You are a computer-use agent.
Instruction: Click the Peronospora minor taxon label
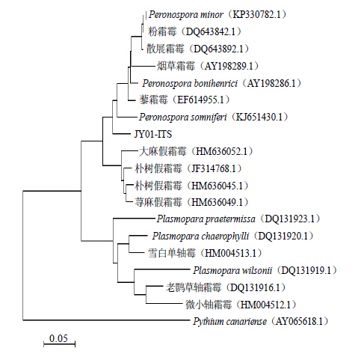tap(186, 15)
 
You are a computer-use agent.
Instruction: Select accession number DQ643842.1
tap(211, 31)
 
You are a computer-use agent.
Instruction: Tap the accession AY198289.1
tap(229, 66)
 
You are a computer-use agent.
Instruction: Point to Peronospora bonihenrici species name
tap(190, 83)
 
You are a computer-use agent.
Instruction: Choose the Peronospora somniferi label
tap(183, 117)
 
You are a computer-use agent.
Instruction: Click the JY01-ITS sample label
tap(153, 134)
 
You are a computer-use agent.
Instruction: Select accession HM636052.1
tap(221, 151)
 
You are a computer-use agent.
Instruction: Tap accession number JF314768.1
tap(214, 168)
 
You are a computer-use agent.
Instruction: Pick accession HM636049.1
tap(217, 202)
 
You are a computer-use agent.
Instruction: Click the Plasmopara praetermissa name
tap(206, 219)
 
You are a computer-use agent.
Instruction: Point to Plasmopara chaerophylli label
tap(200, 236)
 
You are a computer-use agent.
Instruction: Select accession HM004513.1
tap(230, 253)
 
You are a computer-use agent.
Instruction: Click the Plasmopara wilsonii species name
tap(232, 270)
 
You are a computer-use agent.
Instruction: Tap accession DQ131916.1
tap(256, 287)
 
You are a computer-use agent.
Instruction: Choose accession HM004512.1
tap(266, 305)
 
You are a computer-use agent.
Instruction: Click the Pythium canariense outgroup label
tap(229, 322)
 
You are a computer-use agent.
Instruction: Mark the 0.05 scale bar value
tap(58, 338)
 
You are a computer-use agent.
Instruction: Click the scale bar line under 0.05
tap(59, 344)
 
